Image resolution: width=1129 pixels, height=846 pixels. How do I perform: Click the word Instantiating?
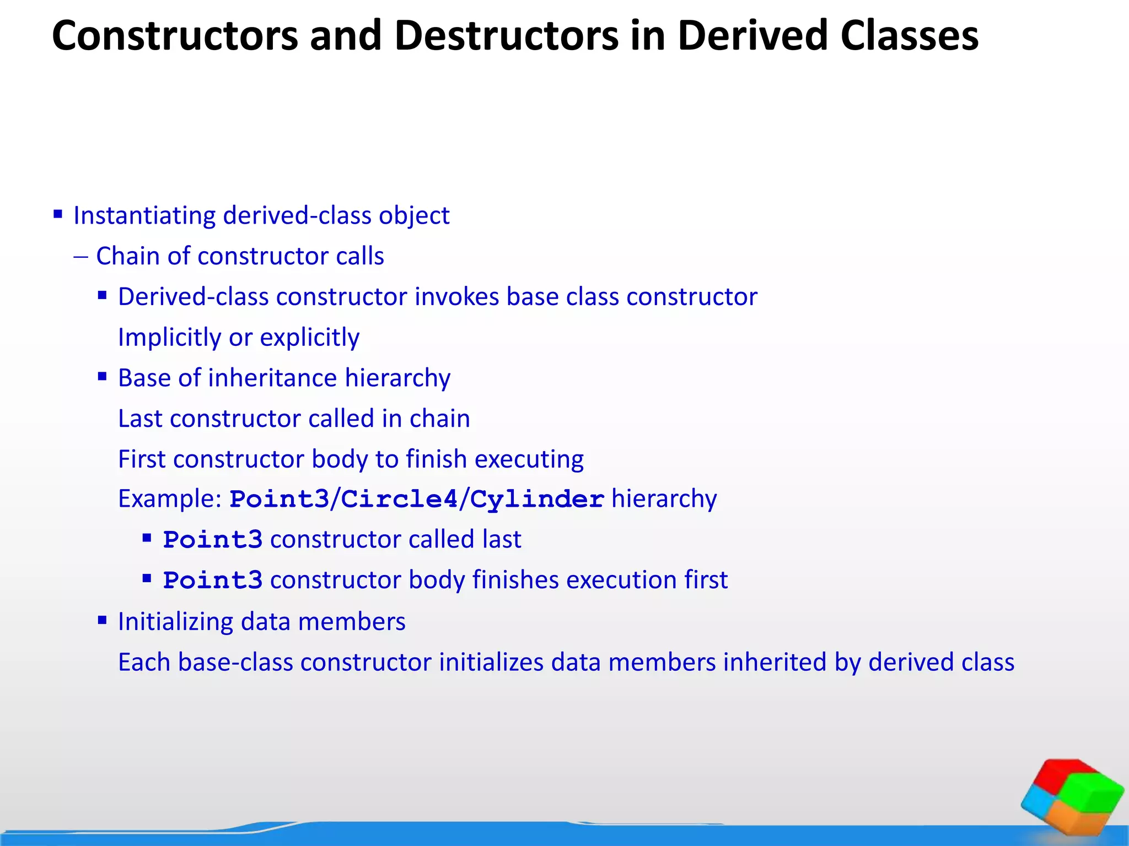tap(144, 215)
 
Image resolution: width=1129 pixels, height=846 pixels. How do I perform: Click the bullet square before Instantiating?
tap(58, 214)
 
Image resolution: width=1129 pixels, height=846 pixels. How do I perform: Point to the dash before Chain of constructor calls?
tap(80, 257)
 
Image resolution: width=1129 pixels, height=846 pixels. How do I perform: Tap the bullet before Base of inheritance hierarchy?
tap(102, 377)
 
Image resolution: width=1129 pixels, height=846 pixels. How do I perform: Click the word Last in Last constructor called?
tap(140, 419)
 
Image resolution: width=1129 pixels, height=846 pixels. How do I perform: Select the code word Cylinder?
tap(537, 500)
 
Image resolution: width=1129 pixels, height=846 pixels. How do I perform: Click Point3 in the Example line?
tap(279, 500)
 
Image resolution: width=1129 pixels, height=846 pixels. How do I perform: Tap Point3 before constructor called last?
tap(213, 540)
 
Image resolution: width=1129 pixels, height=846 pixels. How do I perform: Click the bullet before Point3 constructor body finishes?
tap(147, 578)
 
